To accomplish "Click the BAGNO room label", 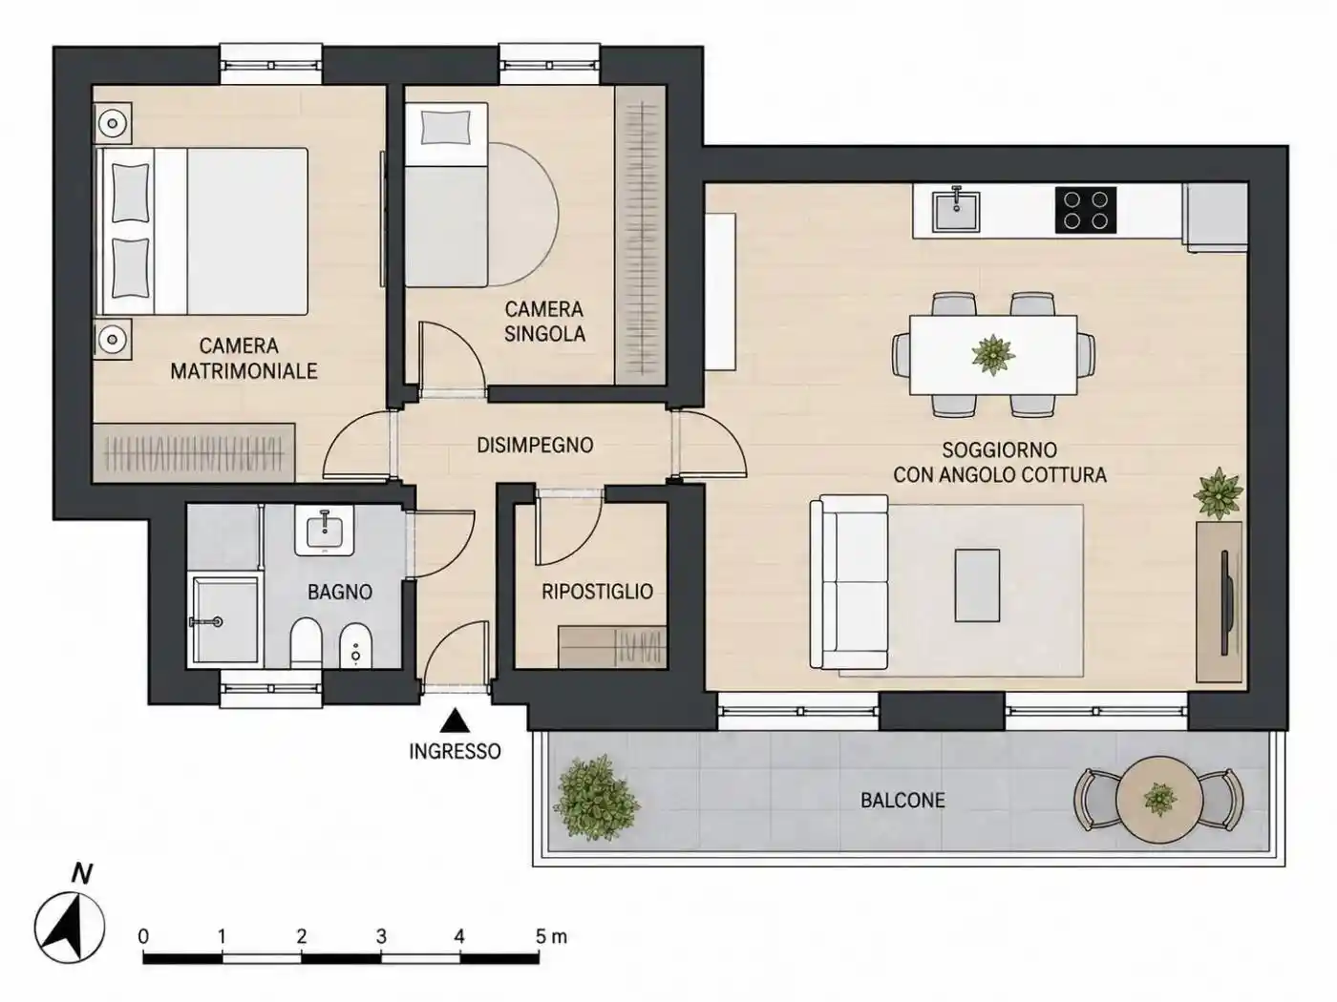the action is pos(340,592).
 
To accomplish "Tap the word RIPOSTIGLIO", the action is pos(597,592).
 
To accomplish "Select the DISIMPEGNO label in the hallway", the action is pos(535,446).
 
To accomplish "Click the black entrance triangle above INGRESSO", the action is pos(455,720).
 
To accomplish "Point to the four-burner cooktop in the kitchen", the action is pos(1086,210).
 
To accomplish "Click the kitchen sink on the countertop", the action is pos(956,211).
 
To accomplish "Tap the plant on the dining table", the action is pos(993,355).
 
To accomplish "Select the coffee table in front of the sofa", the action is pos(977,585).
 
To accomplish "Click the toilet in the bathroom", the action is pos(306,643).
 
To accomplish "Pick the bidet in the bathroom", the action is pos(355,646).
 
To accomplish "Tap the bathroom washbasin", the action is pos(324,530).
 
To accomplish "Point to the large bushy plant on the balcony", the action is pos(596,798).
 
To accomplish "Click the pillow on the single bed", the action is pos(447,128).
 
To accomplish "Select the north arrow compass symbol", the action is pos(69,928).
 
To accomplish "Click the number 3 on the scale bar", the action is pos(381,936).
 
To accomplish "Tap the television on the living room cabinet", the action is pos(1225,602).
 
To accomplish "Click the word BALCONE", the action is pos(902,800).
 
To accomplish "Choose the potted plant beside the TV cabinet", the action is pos(1218,492).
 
